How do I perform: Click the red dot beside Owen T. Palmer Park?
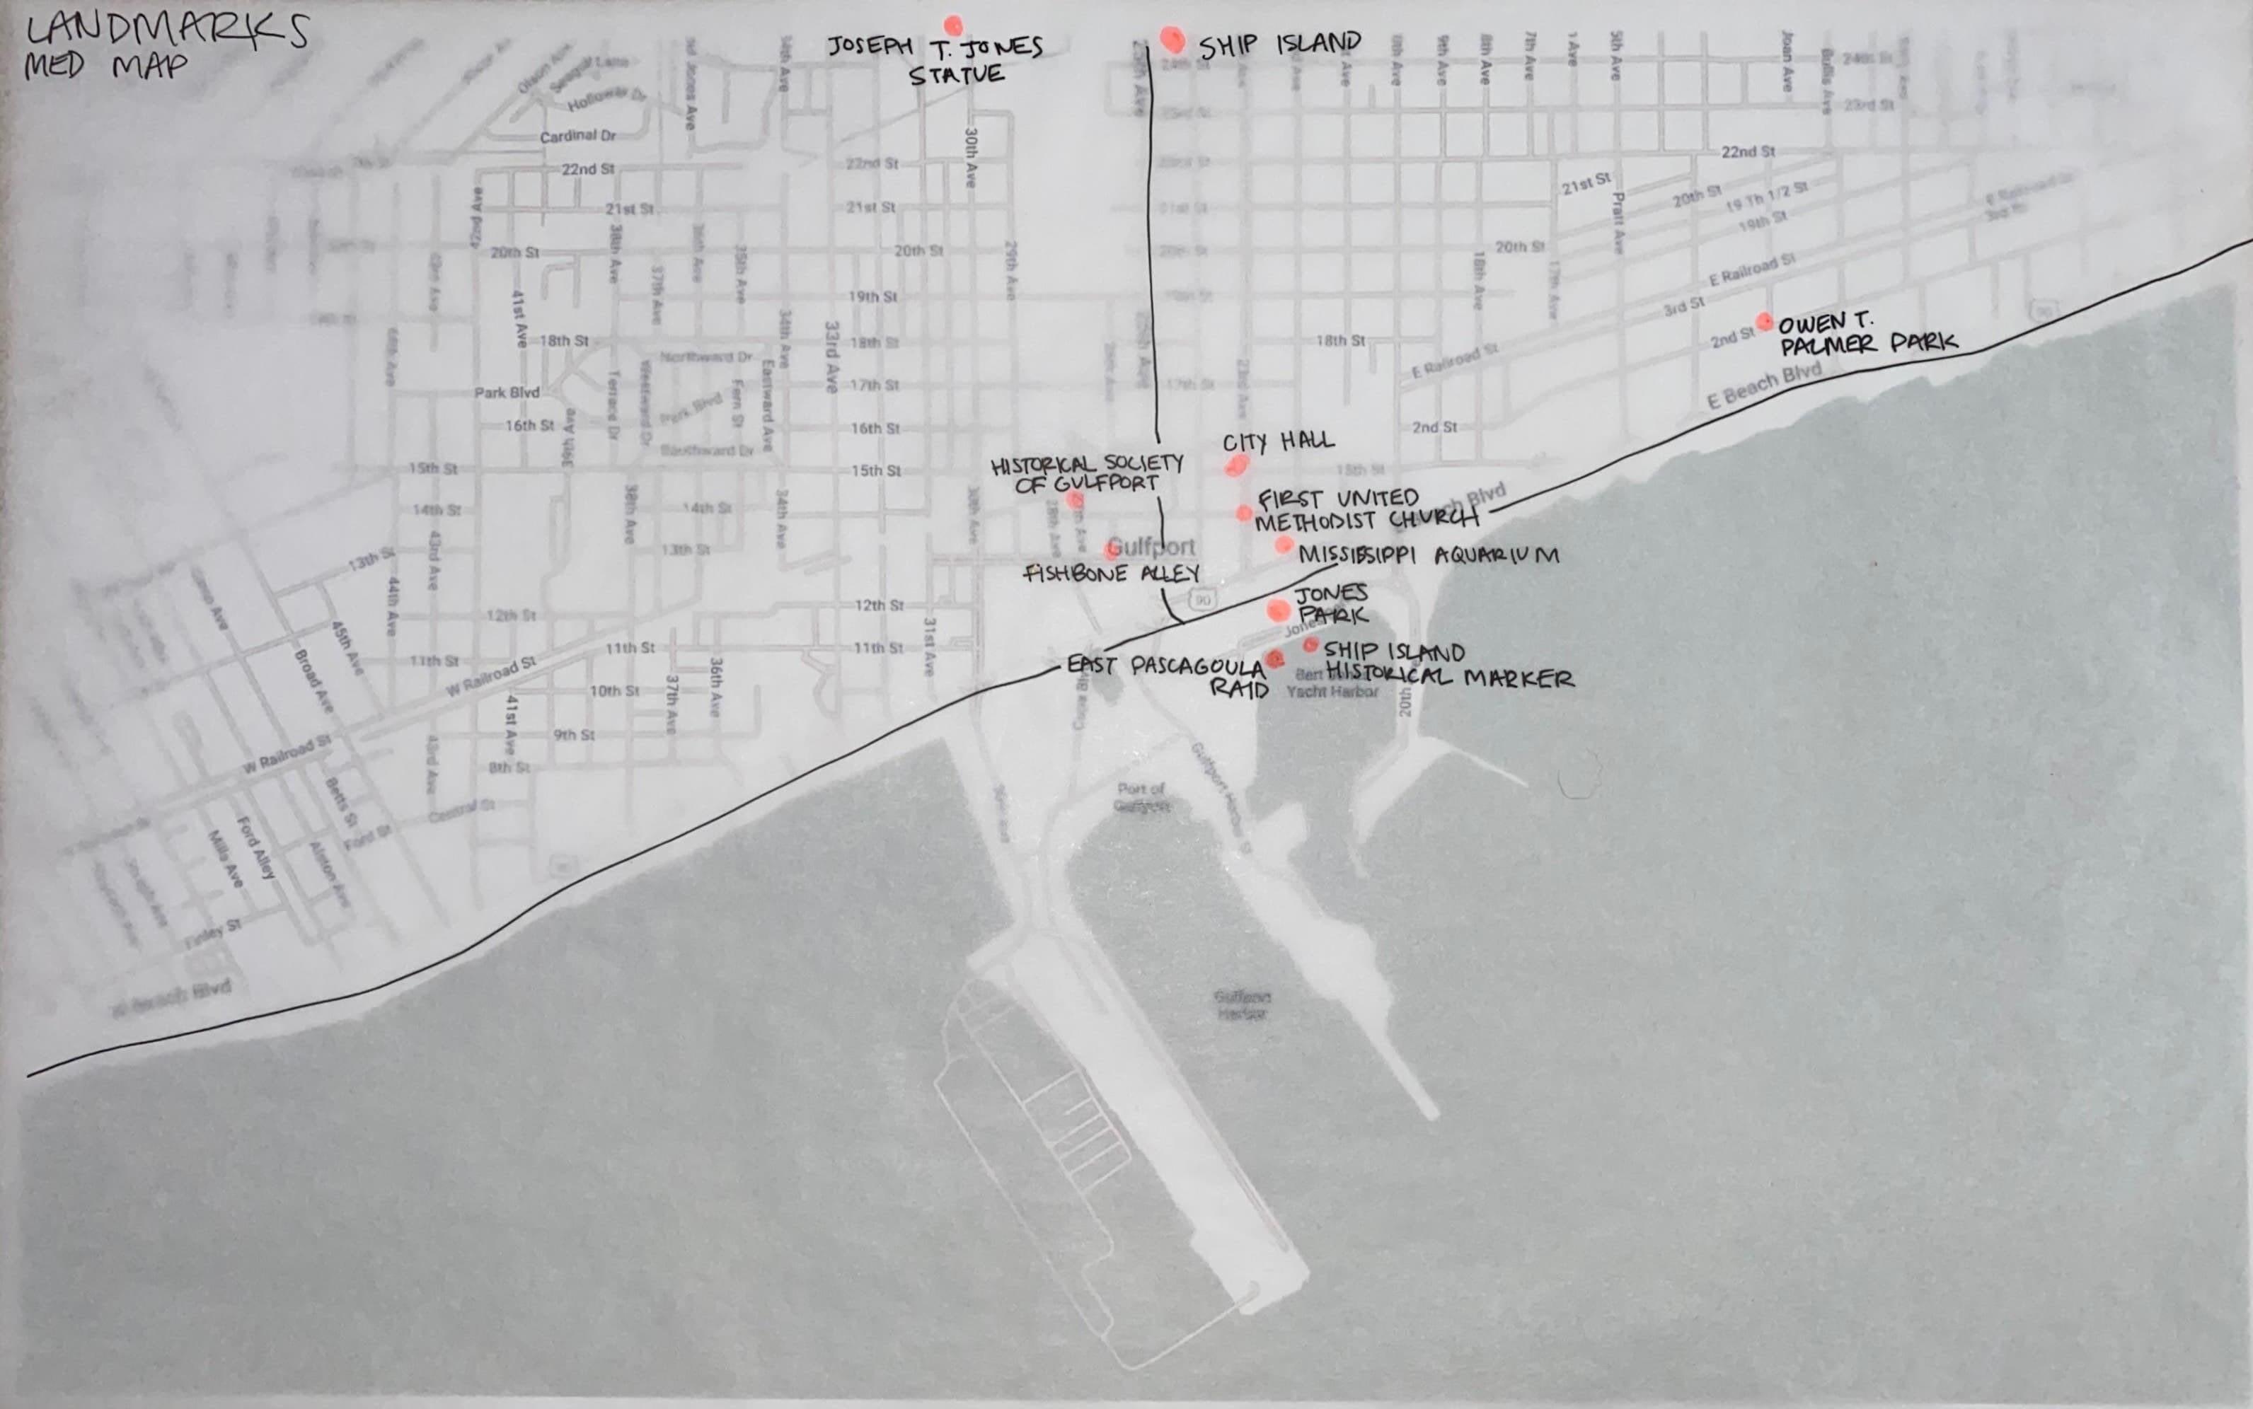coord(1763,322)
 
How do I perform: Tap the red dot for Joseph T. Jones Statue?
coord(952,25)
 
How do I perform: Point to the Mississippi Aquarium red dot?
coord(1284,544)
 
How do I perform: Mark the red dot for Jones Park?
coord(1278,610)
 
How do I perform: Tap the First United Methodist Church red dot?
coord(1245,513)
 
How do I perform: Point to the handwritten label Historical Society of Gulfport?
coord(1087,472)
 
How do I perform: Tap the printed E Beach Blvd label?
coord(1763,385)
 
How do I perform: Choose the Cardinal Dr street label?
coord(578,136)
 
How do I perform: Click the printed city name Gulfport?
coord(1152,547)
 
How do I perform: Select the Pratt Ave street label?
coord(1618,224)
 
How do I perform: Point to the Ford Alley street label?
coord(256,848)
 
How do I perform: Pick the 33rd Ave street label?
coord(831,357)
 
